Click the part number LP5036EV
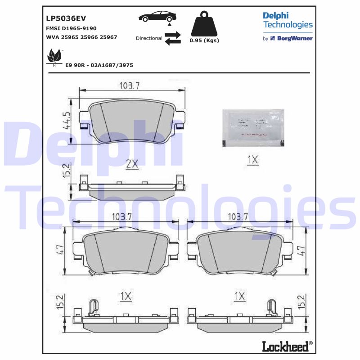click(66, 18)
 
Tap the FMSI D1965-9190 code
click(71, 28)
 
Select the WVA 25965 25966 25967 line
click(81, 37)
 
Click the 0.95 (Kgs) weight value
click(204, 40)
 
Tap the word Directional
click(149, 38)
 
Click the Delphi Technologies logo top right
click(288, 20)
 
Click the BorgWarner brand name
click(295, 39)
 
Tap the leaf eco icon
click(55, 57)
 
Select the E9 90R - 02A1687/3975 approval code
click(99, 65)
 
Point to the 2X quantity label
click(131, 164)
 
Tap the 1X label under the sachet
click(252, 159)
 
